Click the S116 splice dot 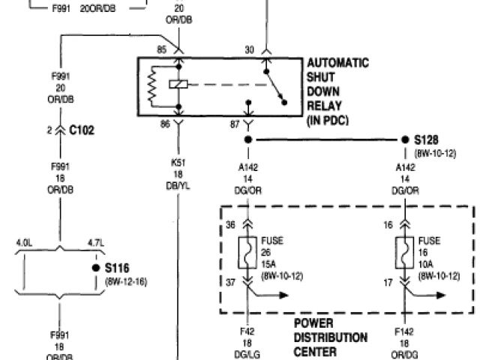96,267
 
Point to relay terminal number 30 250,49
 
